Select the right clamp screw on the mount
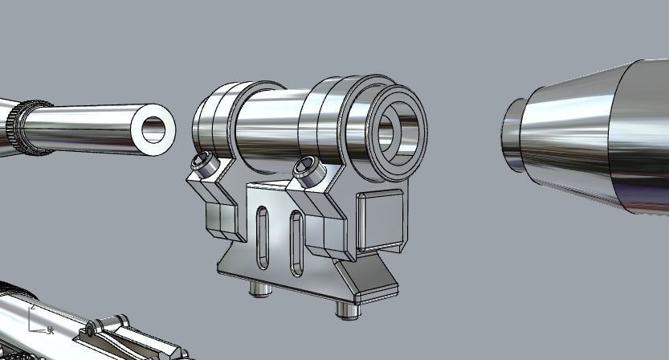click(x=305, y=167)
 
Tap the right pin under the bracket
click(x=347, y=309)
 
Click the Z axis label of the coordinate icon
click(x=31, y=307)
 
